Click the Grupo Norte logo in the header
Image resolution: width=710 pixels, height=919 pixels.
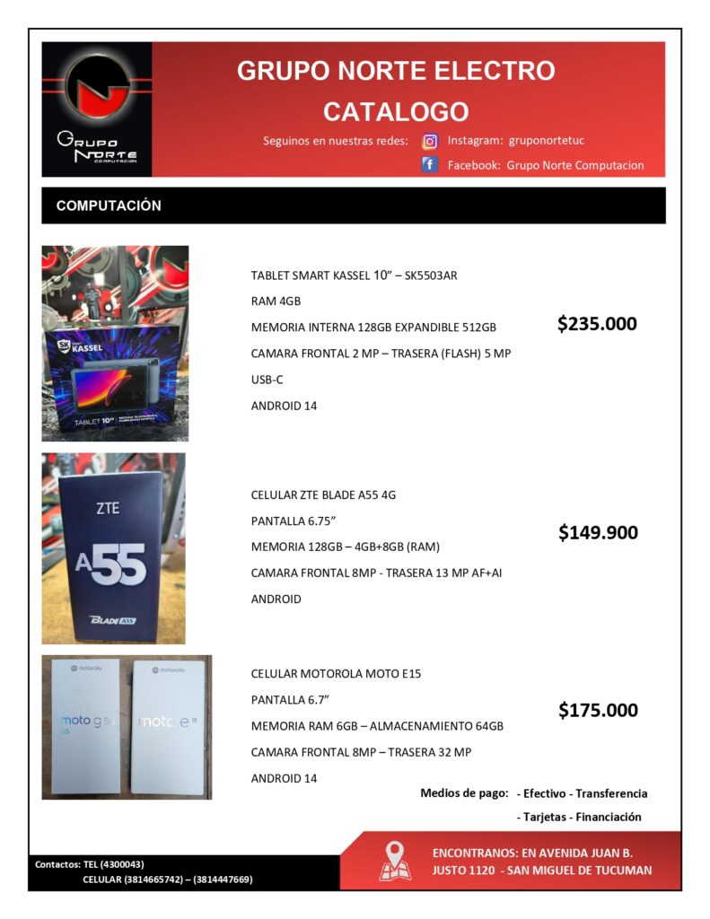97,109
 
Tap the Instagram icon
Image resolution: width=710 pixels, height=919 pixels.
430,141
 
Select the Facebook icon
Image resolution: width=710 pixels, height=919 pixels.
430,165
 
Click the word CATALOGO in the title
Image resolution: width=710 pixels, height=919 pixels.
396,112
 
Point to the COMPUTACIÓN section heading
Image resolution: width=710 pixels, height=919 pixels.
109,206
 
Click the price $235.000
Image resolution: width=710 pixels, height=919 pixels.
597,324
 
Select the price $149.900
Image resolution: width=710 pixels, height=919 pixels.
598,532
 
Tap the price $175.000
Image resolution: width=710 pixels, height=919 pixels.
598,710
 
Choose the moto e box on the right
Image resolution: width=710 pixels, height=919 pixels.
168,725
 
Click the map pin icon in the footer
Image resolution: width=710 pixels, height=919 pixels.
395,861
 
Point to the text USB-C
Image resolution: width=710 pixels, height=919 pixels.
267,380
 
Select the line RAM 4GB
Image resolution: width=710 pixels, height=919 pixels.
276,302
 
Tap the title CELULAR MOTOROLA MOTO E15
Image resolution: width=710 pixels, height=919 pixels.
336,673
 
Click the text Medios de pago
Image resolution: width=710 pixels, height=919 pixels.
464,793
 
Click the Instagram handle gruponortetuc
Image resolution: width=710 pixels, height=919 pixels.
547,141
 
